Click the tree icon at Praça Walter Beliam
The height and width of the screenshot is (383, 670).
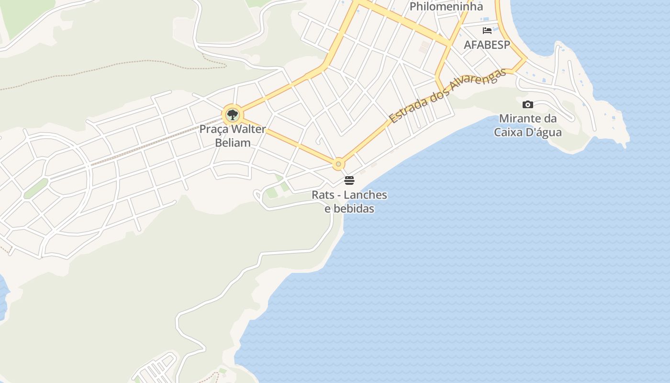[233, 115]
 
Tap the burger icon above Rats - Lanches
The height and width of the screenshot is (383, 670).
[349, 180]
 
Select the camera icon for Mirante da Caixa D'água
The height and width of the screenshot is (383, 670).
[528, 104]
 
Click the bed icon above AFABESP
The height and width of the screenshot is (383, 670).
[487, 31]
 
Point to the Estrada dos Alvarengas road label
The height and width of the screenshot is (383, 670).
[447, 96]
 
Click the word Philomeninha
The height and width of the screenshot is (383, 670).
[446, 7]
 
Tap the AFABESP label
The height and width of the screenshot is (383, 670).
[487, 45]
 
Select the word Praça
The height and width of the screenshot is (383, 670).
[213, 129]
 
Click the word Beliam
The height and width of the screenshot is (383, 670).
[233, 143]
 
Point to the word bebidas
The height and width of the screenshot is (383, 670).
[354, 209]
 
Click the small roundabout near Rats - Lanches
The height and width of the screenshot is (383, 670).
[338, 164]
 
